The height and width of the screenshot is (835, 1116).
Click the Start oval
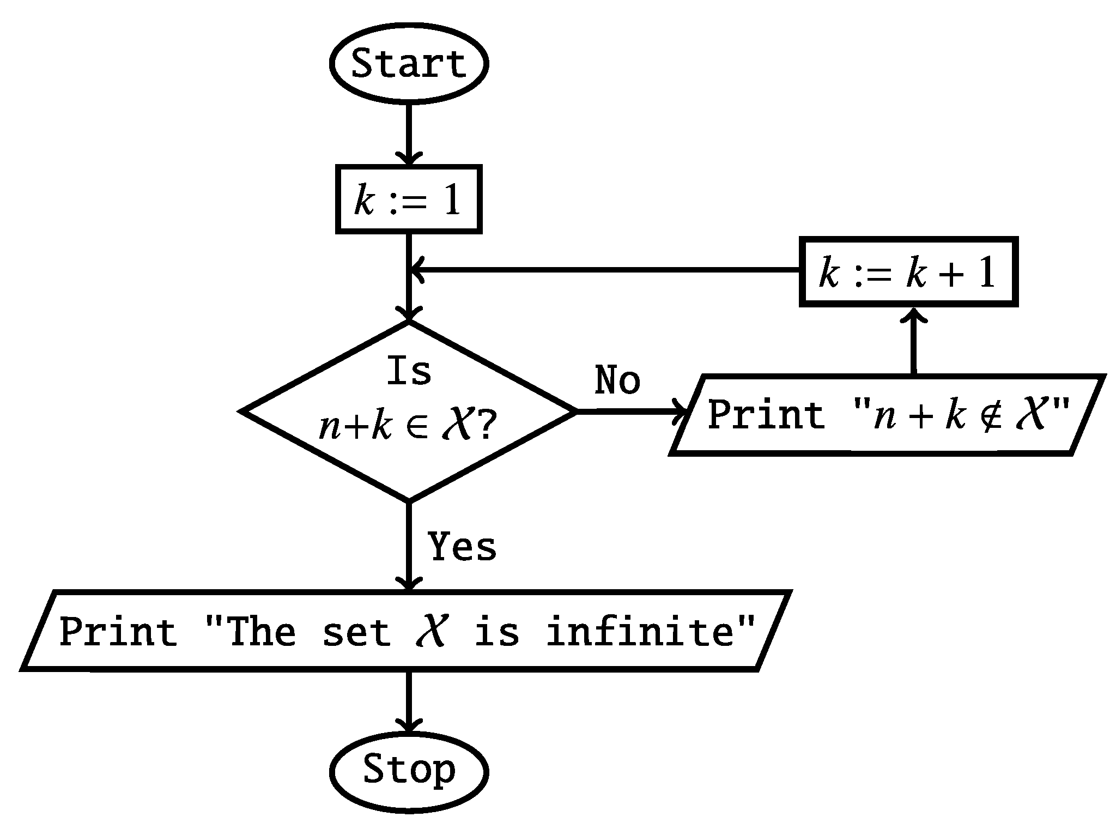pos(408,63)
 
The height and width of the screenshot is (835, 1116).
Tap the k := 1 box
pos(408,199)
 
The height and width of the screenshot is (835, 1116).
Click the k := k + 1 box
pos(908,272)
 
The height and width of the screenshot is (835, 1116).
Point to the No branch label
pos(617,380)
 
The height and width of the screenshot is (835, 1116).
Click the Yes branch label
pos(462,547)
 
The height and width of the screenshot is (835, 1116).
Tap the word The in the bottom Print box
pos(260,632)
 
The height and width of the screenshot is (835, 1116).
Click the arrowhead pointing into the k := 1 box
pos(408,159)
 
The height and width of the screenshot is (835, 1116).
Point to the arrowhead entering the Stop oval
pos(408,727)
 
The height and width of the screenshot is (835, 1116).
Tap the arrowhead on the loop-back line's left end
pos(416,270)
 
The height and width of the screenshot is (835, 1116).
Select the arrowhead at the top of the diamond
pos(408,315)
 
